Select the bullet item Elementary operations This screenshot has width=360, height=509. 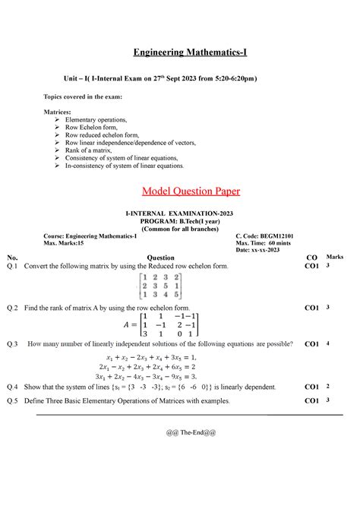(x=96, y=121)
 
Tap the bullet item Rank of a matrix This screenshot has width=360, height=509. (x=88, y=150)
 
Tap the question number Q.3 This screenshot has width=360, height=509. (x=11, y=344)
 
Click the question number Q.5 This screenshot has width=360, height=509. (x=11, y=399)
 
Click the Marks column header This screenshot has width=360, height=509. (x=336, y=258)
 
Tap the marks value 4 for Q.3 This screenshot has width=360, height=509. (x=328, y=343)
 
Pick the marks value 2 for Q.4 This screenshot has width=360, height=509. (x=328, y=386)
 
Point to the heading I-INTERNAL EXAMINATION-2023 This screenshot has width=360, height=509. (x=179, y=217)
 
